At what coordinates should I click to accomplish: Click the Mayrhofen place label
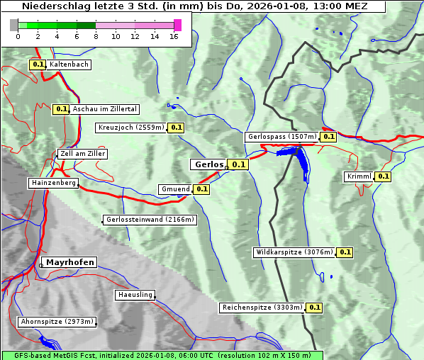(70, 262)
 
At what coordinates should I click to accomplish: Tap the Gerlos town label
(208, 164)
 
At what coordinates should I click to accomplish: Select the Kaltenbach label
(69, 64)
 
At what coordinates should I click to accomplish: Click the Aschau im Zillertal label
(105, 109)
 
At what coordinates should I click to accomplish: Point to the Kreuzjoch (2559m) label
(131, 128)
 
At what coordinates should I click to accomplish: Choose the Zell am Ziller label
(83, 154)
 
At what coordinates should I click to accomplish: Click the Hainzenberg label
(52, 183)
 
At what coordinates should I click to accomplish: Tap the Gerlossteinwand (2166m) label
(150, 220)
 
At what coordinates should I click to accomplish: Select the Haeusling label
(135, 295)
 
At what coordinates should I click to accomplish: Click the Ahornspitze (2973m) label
(57, 322)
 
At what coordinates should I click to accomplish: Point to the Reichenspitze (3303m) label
(262, 308)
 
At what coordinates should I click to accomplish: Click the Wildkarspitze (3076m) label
(294, 252)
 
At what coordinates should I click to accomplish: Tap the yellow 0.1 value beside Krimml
(384, 176)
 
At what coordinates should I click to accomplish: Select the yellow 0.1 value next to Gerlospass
(328, 137)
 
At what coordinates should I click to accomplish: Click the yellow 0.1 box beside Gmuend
(201, 189)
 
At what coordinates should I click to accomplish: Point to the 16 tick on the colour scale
(174, 36)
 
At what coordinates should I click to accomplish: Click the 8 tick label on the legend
(96, 36)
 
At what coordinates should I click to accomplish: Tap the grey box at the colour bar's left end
(14, 25)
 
